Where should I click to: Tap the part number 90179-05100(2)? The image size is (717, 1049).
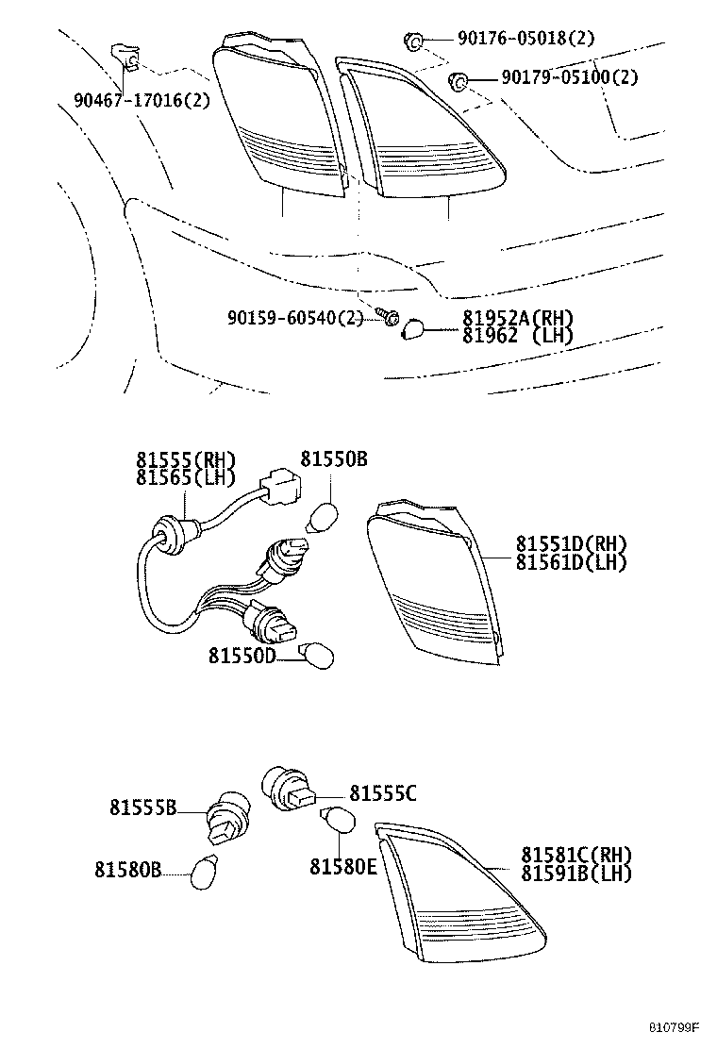click(558, 77)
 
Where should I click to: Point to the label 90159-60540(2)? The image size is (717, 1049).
click(294, 318)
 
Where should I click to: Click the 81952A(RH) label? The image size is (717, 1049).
click(517, 318)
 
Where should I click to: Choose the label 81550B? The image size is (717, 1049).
click(334, 459)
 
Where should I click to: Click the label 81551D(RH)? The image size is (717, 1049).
click(571, 544)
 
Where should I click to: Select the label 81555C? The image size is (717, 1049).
click(382, 793)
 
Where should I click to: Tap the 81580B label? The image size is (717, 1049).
click(128, 869)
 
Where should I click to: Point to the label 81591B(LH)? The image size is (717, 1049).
click(575, 873)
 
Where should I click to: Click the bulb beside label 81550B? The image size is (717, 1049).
click(322, 518)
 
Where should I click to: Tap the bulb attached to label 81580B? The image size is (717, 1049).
click(205, 871)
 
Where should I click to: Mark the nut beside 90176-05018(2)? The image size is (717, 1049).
click(412, 40)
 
